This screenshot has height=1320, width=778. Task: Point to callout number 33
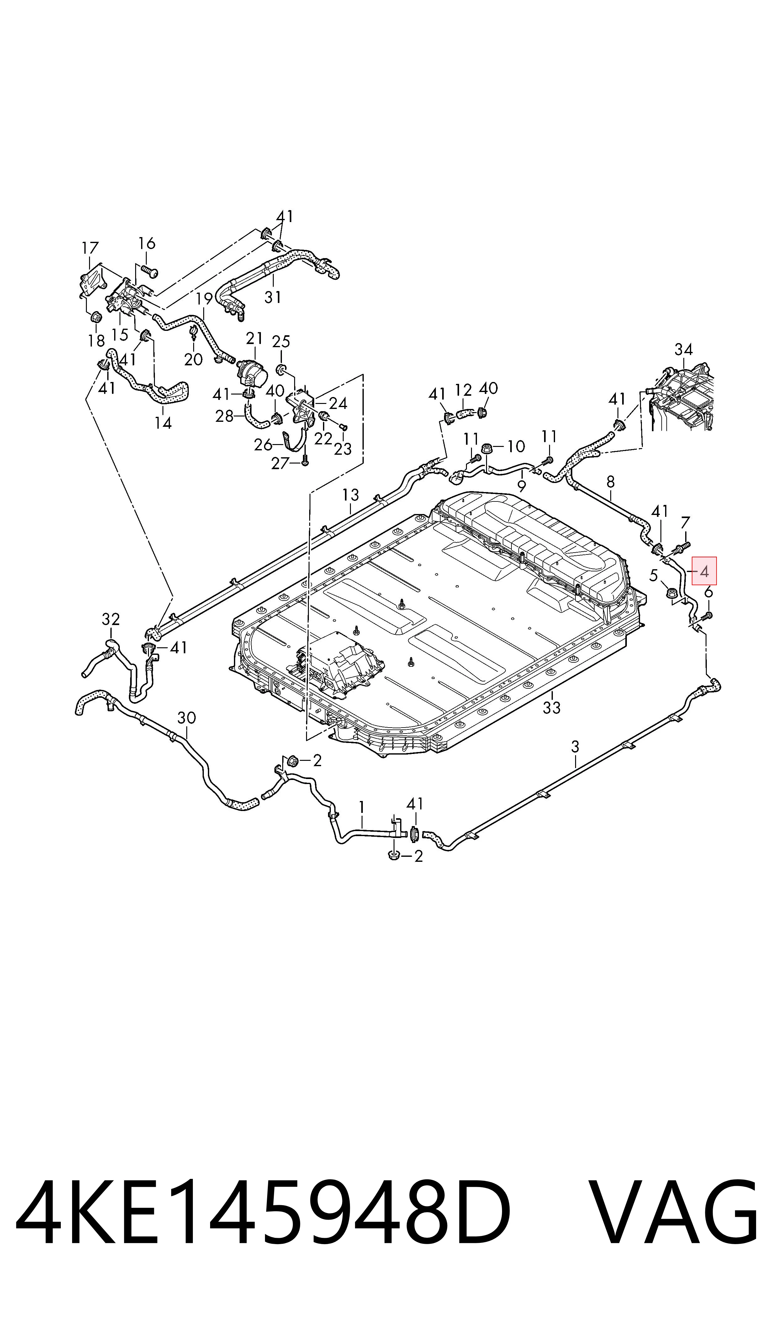click(552, 708)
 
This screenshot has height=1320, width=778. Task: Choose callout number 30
click(187, 718)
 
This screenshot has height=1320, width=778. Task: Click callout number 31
click(273, 297)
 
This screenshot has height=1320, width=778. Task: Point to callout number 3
click(575, 746)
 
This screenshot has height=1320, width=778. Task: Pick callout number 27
click(280, 463)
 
